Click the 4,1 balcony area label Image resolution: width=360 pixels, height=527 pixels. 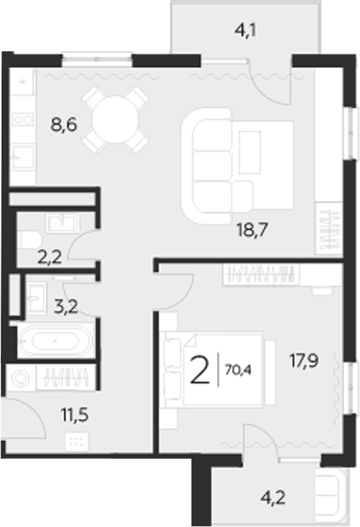tap(244, 32)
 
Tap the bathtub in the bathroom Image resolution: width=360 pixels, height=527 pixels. tap(55, 341)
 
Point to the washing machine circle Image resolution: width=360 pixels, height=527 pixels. tap(21, 379)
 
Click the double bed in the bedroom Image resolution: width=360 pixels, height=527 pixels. tap(222, 368)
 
